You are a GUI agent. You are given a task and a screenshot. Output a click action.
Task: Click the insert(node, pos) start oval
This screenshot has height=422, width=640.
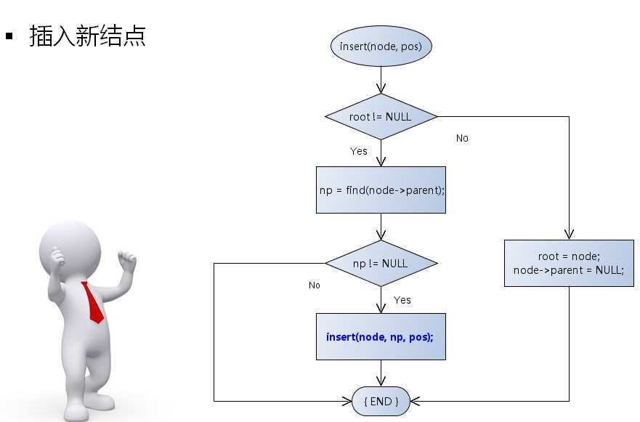381,47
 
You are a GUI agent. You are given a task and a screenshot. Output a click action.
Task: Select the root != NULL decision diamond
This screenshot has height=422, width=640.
381,116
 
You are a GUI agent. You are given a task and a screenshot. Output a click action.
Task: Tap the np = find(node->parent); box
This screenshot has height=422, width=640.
381,190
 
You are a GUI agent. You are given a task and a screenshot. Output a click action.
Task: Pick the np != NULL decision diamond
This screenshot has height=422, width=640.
381,263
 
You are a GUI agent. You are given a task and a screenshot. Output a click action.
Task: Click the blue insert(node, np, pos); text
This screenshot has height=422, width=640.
380,337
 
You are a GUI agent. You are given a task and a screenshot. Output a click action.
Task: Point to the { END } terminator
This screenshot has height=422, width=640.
381,401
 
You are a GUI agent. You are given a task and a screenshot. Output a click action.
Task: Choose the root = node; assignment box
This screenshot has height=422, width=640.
569,256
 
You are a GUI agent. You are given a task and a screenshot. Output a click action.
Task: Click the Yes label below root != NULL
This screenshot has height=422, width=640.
359,151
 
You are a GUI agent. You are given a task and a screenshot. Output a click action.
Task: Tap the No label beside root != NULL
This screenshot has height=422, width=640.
462,138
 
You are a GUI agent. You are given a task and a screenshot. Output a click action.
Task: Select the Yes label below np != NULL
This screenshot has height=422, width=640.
402,299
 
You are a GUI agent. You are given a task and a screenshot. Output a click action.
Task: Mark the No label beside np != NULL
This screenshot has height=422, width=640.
314,285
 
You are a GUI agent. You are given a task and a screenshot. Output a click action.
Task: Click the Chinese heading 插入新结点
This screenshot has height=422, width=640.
87,36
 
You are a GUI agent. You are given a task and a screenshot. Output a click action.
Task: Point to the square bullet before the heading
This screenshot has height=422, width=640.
10,35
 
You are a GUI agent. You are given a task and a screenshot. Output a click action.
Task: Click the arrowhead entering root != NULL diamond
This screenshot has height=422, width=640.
381,89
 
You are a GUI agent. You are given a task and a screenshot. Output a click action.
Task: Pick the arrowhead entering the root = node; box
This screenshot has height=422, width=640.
569,235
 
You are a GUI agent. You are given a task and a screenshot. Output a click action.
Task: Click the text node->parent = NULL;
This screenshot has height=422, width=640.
569,270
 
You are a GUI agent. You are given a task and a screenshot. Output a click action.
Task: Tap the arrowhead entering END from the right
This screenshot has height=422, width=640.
415,401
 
